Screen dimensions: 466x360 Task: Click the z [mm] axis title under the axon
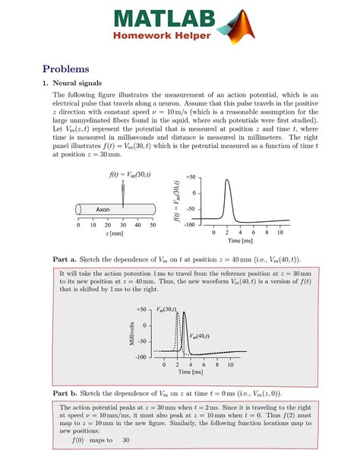(x=115, y=236)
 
